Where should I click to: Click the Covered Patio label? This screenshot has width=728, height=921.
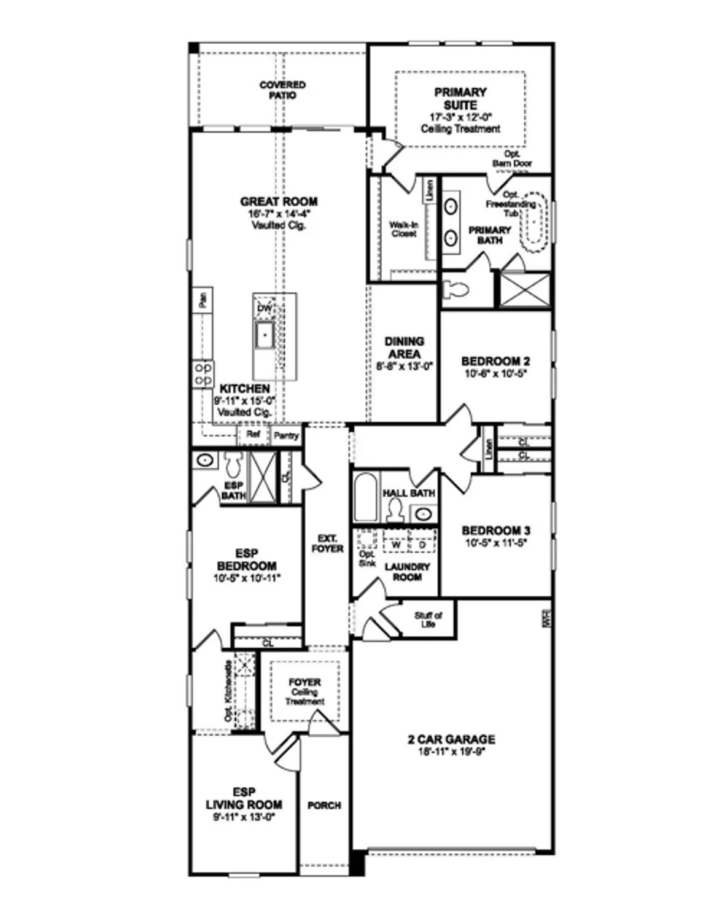pos(282,90)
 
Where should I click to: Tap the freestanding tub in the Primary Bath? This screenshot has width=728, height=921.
pos(535,222)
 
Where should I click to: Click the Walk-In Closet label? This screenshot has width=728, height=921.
pos(403,229)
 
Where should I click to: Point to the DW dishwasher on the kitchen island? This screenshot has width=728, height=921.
pos(264,308)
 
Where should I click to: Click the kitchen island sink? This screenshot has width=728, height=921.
pos(265,335)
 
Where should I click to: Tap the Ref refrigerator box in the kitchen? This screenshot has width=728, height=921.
pos(254,434)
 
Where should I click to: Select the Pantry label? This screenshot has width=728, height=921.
pos(286,435)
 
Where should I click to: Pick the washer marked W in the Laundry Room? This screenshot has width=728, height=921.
pos(396,544)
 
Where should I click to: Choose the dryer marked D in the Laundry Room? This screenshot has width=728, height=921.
pos(422,544)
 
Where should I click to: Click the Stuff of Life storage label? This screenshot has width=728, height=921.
pos(428,620)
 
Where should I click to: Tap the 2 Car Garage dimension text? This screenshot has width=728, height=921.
pos(451,751)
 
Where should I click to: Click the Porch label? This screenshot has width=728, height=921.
pos(324,805)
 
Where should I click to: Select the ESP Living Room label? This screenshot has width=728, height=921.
pos(244,798)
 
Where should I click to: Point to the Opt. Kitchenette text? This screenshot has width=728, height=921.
pos(228,691)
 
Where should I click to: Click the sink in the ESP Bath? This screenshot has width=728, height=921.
pos(204,460)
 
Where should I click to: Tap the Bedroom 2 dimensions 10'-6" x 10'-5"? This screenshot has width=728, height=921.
pos(495,373)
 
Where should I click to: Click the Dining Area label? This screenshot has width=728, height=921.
pos(404,347)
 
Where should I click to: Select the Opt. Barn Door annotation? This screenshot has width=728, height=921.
pos(512,159)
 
